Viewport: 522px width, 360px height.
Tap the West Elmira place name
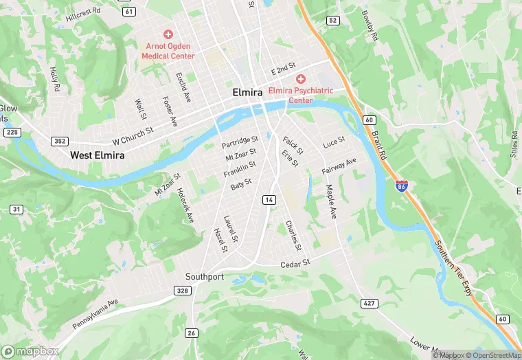[x=98, y=156]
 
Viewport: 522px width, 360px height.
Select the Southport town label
[x=205, y=276]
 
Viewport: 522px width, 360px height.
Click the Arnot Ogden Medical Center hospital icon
[x=167, y=34]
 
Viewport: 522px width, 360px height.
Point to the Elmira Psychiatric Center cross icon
[x=301, y=80]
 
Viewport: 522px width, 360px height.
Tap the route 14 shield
[x=269, y=199]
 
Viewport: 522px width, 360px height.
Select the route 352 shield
[x=60, y=141]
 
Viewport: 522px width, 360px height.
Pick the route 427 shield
[x=368, y=303]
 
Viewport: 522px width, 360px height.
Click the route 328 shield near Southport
[x=181, y=291]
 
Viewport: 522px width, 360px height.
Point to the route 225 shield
[x=11, y=132]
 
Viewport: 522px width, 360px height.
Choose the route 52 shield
[x=333, y=21]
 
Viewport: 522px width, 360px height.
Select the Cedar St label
[x=296, y=263]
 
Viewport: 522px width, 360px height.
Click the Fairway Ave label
[x=339, y=167]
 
